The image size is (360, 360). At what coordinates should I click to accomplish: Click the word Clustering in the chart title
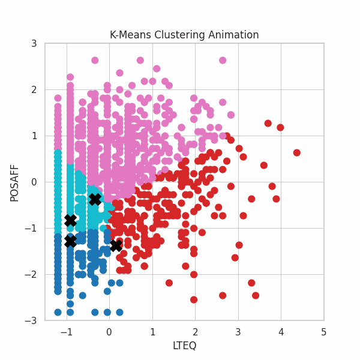point(173,35)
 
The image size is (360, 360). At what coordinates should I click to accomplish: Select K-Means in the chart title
point(129,35)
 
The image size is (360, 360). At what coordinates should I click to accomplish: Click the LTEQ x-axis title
point(184,346)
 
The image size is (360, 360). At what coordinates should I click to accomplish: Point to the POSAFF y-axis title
point(14,182)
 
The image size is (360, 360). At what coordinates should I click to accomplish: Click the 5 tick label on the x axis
point(323,331)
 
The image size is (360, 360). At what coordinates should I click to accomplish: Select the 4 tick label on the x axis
point(281,331)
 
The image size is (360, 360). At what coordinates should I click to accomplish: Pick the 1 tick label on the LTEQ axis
point(152,331)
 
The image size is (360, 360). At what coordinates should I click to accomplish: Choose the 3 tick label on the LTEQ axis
point(238,331)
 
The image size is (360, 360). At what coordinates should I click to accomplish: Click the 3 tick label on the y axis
point(34,44)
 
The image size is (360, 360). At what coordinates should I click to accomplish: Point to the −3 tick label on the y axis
point(32,320)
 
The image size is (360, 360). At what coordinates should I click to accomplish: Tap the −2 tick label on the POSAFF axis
point(32,274)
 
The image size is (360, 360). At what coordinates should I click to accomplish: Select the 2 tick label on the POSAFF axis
point(34,90)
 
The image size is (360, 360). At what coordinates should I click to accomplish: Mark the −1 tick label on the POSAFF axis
point(32,228)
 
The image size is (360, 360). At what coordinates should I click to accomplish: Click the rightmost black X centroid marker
point(116,245)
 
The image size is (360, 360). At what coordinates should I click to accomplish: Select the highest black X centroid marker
point(95,199)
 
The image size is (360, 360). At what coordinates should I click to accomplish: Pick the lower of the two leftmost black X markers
point(70,241)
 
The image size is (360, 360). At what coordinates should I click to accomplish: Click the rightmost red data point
point(296,152)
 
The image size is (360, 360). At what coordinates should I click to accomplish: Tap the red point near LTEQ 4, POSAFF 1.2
point(280,127)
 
